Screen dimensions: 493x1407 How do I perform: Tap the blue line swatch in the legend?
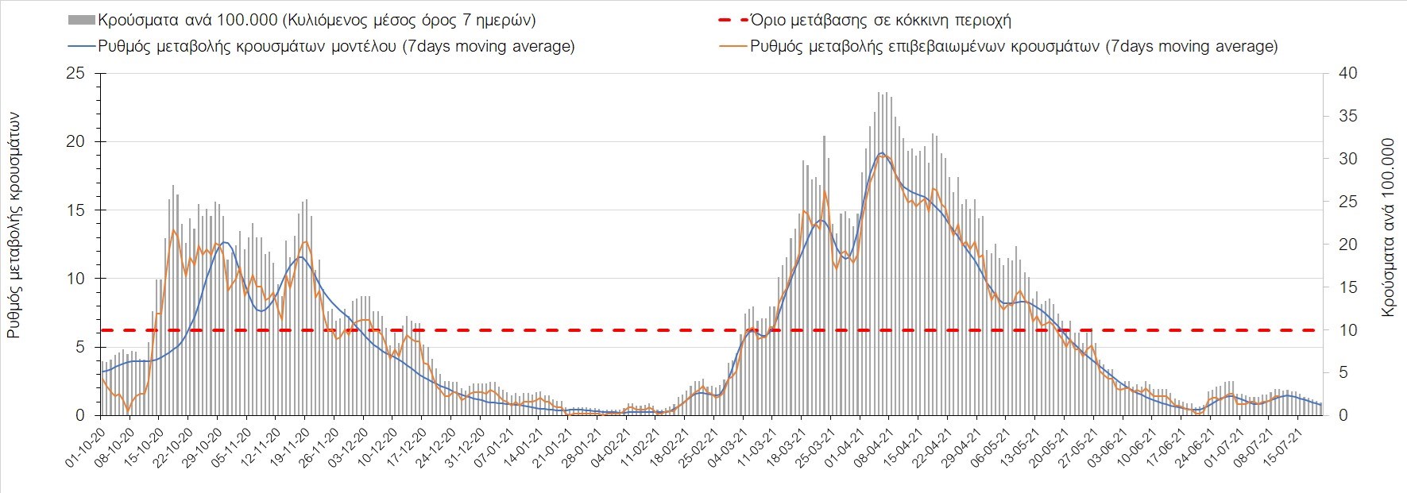point(82,46)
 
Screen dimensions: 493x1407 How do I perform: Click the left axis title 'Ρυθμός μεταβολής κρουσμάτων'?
point(14,225)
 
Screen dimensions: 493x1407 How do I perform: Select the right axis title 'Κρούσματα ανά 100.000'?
point(1388,228)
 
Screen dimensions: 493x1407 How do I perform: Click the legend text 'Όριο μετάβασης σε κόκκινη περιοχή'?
point(880,21)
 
